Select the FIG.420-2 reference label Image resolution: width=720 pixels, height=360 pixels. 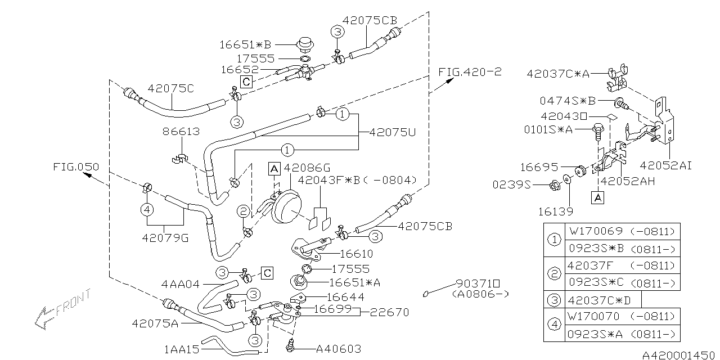[x=469, y=72]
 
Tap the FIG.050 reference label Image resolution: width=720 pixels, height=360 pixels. [x=76, y=167]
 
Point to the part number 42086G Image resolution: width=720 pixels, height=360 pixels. [x=307, y=168]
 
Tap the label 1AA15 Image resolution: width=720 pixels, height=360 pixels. [x=182, y=349]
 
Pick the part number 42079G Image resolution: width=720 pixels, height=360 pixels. [x=165, y=238]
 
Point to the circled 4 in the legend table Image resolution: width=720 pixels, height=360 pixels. [x=555, y=325]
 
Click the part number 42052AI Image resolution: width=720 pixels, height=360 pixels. [x=666, y=165]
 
